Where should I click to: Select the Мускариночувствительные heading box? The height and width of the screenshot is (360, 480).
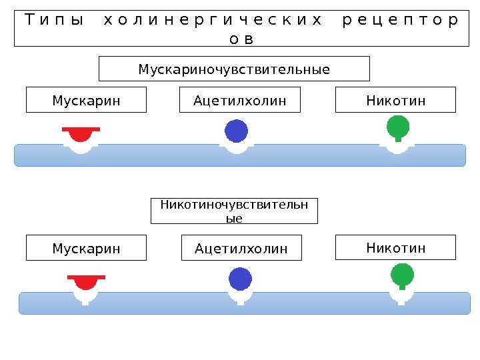[234, 69]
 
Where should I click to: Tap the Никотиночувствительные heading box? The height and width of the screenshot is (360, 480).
[235, 211]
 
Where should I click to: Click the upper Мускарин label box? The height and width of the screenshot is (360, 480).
[86, 100]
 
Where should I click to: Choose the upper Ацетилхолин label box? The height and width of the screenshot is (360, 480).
[240, 100]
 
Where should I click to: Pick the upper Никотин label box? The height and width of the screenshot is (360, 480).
[395, 100]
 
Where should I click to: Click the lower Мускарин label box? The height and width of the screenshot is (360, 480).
[86, 248]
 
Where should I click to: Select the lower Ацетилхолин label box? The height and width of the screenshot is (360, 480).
[241, 248]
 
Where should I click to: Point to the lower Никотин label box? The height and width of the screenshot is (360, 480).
[395, 247]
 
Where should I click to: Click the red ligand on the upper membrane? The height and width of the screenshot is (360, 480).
[81, 135]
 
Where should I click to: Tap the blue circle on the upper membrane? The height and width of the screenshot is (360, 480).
[236, 131]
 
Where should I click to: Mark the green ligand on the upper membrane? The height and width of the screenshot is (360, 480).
[398, 126]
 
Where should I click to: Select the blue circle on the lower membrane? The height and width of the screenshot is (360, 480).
[240, 279]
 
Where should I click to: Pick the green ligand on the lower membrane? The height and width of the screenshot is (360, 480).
[402, 273]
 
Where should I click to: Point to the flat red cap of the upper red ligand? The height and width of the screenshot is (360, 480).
[81, 129]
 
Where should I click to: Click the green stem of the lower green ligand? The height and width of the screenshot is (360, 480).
[402, 287]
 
